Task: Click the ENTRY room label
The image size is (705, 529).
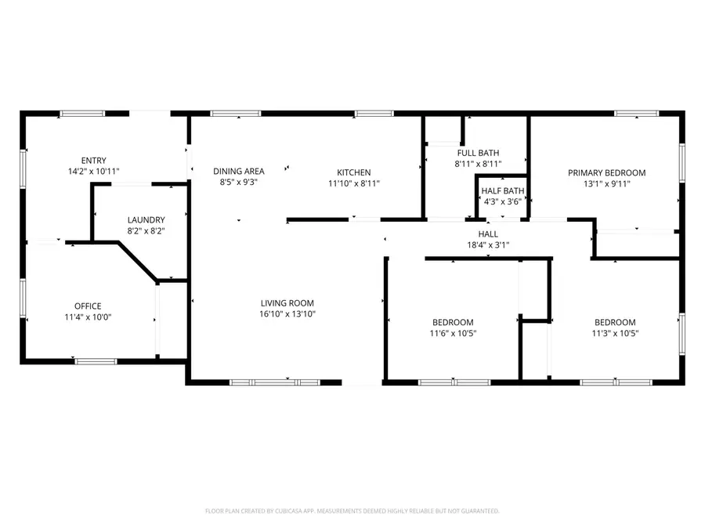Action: point(93,161)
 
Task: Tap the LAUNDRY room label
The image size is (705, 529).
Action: point(146,220)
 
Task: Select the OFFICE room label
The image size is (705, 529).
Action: point(88,306)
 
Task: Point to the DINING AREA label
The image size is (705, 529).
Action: point(239,172)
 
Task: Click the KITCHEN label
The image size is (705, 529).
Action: point(353,172)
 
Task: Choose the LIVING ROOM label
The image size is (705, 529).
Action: point(287,303)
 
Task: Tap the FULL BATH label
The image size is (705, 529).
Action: point(478,153)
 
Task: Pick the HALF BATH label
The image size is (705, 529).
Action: point(502,191)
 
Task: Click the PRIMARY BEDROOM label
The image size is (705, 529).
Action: point(606,172)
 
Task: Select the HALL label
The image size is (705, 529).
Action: point(488,234)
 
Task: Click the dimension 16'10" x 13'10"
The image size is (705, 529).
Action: point(287,314)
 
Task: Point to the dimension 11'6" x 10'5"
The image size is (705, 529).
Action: point(453,333)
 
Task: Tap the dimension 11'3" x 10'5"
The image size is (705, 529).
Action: point(614,333)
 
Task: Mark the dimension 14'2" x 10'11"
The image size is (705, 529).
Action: point(93,171)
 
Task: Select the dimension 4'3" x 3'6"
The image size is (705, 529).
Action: point(502,201)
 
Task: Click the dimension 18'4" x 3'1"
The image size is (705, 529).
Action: point(488,245)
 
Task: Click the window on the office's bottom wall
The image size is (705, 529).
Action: point(96,361)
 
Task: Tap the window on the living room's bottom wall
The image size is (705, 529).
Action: point(275,382)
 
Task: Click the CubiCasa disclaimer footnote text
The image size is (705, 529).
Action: point(352,511)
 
